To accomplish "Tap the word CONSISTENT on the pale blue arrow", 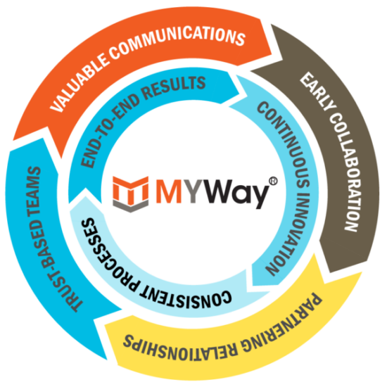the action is click(185, 297).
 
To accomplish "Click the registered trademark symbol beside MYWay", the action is click(272, 181).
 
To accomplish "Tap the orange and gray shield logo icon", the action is click(131, 194).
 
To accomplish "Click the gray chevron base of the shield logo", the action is click(131, 205).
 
